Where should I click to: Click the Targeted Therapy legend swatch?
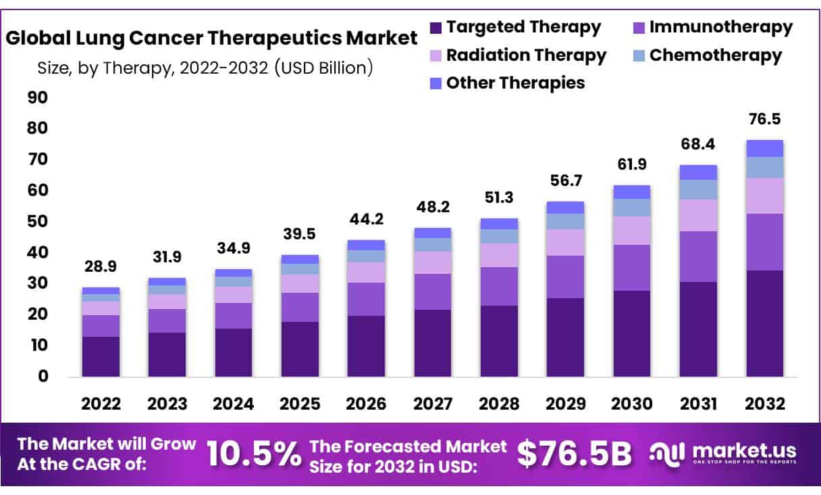tap(435, 28)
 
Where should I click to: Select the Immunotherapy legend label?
tap(720, 27)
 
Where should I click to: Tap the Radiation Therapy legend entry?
tap(526, 55)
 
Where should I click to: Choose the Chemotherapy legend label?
tap(716, 55)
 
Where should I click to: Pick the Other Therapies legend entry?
tap(515, 82)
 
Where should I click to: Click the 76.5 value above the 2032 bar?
tap(764, 119)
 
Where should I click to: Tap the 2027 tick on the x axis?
tap(433, 404)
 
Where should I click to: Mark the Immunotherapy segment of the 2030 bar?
tap(632, 268)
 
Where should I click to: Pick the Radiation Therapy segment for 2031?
tap(698, 215)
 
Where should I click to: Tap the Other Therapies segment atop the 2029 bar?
tap(565, 207)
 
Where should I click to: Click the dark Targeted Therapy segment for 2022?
tap(101, 356)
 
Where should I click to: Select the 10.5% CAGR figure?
tap(254, 454)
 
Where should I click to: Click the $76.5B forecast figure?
tap(574, 454)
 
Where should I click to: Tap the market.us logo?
tap(722, 452)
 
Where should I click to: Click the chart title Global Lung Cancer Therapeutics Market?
tap(212, 38)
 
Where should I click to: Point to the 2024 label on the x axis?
tap(234, 404)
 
